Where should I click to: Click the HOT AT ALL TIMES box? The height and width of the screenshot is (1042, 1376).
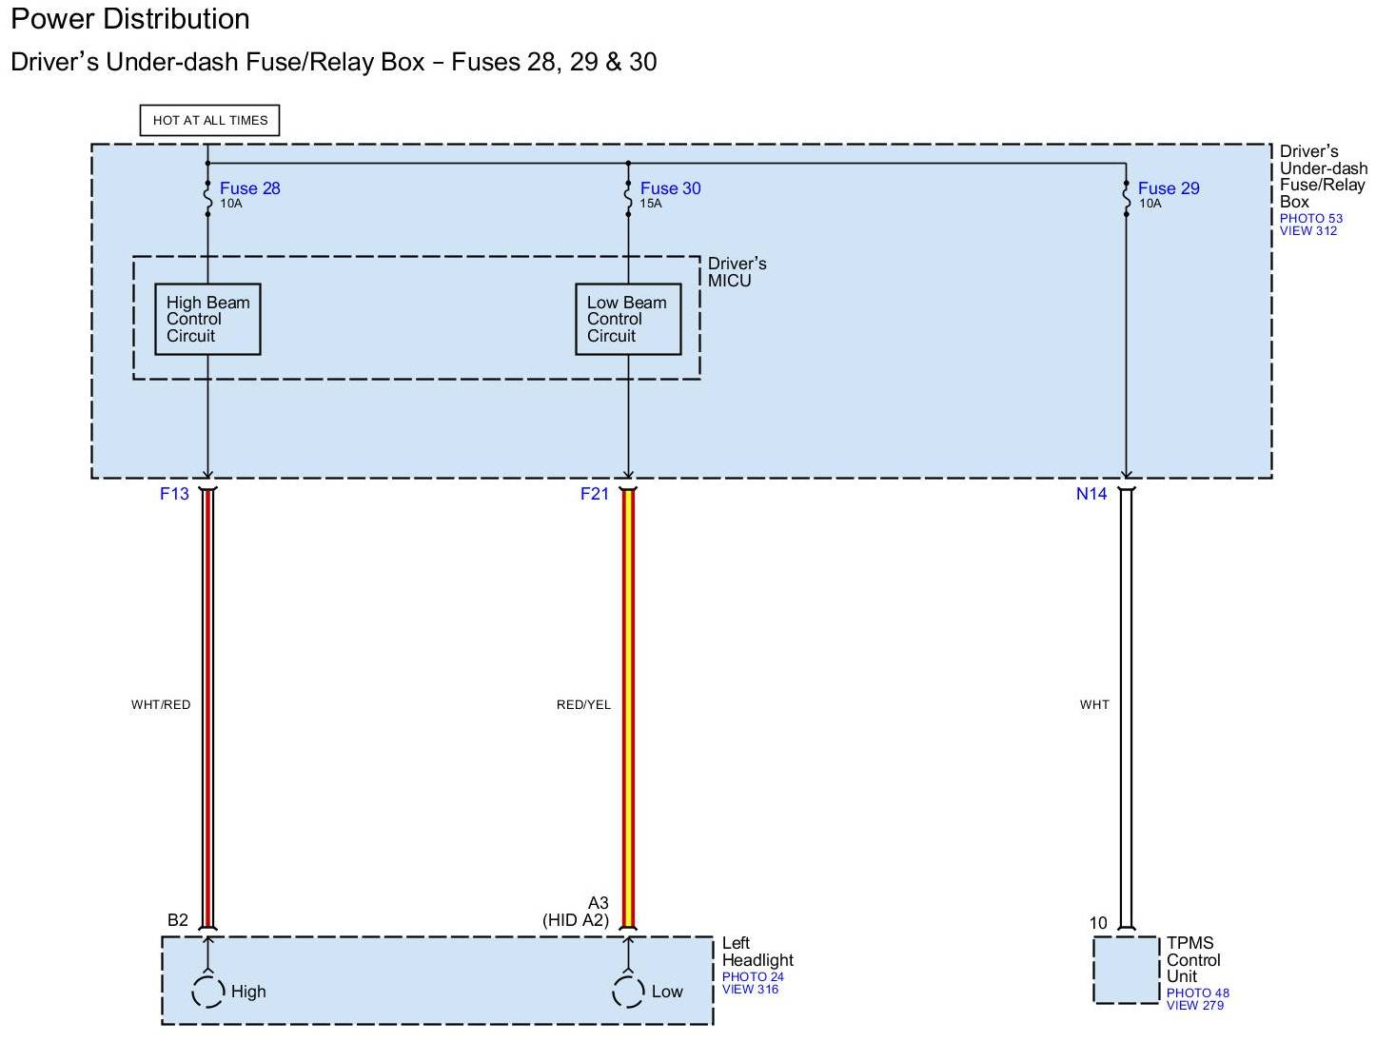tap(209, 121)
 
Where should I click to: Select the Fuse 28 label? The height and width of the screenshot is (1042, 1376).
tap(249, 188)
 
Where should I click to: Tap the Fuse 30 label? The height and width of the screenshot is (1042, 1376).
tap(670, 188)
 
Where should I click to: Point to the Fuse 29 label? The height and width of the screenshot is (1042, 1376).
tap(1168, 188)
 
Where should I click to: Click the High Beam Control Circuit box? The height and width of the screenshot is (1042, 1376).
tap(207, 320)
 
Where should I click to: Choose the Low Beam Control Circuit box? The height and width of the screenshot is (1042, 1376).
tap(628, 320)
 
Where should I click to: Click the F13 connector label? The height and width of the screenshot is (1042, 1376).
tap(174, 494)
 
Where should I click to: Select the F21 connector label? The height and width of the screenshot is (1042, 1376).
tap(595, 494)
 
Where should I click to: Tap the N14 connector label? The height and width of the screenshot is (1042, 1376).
tap(1091, 494)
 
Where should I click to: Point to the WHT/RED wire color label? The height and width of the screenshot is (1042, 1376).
tap(161, 705)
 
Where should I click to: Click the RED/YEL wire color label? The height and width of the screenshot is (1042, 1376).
tap(583, 705)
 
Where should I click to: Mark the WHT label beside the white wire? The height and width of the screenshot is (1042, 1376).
tap(1094, 705)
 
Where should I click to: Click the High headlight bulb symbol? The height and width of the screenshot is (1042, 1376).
tap(207, 992)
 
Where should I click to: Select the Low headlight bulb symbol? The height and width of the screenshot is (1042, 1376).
tap(628, 992)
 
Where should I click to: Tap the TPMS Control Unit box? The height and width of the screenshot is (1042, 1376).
tap(1127, 970)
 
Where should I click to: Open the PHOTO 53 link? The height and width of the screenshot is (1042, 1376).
tap(1310, 219)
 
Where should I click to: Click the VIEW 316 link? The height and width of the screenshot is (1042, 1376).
tap(750, 990)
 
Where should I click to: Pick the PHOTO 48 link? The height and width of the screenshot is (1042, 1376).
tap(1197, 993)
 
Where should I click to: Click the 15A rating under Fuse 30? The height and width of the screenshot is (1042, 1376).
tap(651, 204)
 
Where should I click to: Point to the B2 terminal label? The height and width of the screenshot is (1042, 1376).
tap(178, 920)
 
